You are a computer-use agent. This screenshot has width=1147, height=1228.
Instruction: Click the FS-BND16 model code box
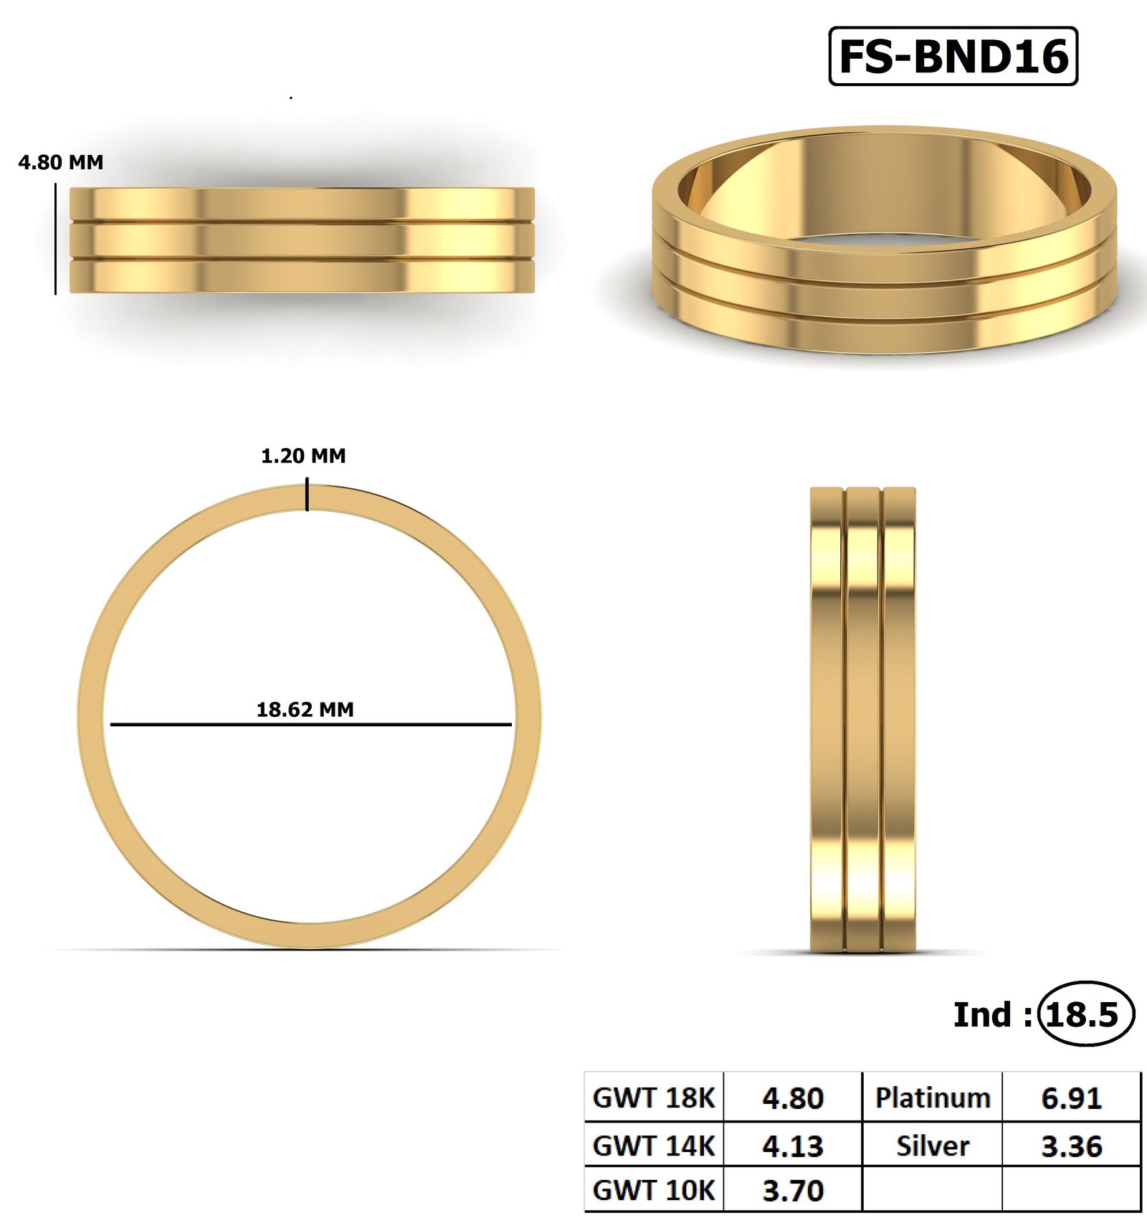(953, 56)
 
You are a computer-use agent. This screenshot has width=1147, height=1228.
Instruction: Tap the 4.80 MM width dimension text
(61, 162)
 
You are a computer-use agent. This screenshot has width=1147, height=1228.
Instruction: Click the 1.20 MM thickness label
(303, 455)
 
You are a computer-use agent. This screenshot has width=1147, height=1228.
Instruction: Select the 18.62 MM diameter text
(305, 709)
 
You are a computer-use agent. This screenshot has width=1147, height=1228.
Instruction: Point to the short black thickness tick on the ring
(308, 496)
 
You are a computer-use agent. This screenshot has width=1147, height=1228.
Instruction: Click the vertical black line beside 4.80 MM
(55, 239)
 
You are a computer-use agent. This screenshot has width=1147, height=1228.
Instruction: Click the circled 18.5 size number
(1085, 1014)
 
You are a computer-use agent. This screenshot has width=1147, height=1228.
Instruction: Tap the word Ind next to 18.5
(981, 1014)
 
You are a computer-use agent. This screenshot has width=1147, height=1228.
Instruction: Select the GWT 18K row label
(654, 1098)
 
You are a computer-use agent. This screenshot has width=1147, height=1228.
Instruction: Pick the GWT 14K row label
(654, 1145)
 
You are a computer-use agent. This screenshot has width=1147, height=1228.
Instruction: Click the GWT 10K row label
(654, 1190)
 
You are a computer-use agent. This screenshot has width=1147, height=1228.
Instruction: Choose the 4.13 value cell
(793, 1145)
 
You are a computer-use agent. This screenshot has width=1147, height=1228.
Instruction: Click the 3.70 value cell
(793, 1190)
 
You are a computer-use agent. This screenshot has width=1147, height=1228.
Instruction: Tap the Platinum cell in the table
(932, 1098)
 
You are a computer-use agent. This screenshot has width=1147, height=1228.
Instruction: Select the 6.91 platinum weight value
(1071, 1098)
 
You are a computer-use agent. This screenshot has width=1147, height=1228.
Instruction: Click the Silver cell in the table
(932, 1145)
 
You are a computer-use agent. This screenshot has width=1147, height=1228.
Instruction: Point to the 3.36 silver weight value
(1071, 1145)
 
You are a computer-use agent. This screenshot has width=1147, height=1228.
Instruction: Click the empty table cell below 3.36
(1071, 1190)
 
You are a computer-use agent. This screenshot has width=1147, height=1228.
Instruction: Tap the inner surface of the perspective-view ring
(885, 179)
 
